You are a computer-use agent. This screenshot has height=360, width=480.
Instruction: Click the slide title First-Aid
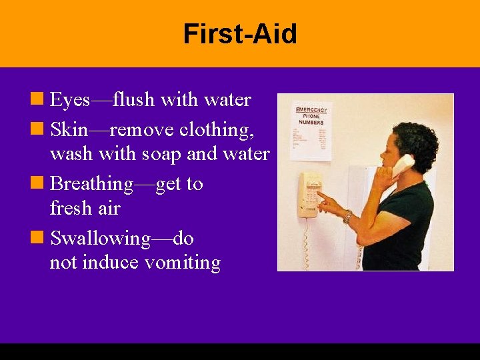pos(240,34)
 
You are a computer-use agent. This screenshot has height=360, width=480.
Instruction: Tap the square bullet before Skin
pos(39,127)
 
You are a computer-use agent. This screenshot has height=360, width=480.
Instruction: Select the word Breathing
pos(91,183)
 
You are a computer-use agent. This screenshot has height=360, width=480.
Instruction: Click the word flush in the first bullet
pos(133,100)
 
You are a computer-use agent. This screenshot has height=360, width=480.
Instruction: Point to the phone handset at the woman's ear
pos(403,164)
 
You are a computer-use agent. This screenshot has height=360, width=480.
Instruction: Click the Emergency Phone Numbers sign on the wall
pos(311,131)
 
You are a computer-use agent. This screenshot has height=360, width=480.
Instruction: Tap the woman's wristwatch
pos(347,215)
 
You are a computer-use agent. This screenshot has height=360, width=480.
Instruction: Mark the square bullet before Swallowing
pos(39,237)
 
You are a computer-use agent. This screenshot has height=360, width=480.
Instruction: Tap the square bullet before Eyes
pos(39,100)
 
